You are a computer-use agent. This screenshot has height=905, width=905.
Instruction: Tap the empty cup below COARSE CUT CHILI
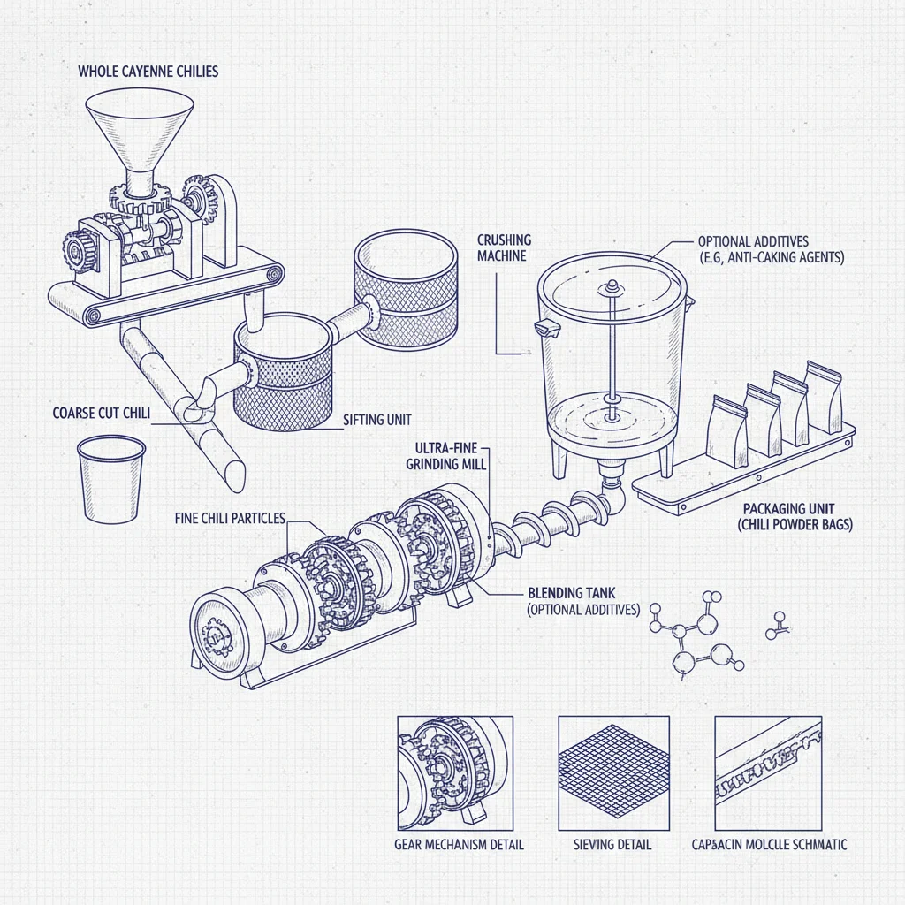tap(111, 478)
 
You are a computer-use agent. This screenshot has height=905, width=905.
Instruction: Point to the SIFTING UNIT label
tap(376, 420)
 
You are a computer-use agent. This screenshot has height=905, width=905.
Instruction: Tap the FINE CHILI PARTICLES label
tap(230, 518)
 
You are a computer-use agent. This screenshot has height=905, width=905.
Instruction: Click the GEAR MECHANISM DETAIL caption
tap(459, 844)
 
